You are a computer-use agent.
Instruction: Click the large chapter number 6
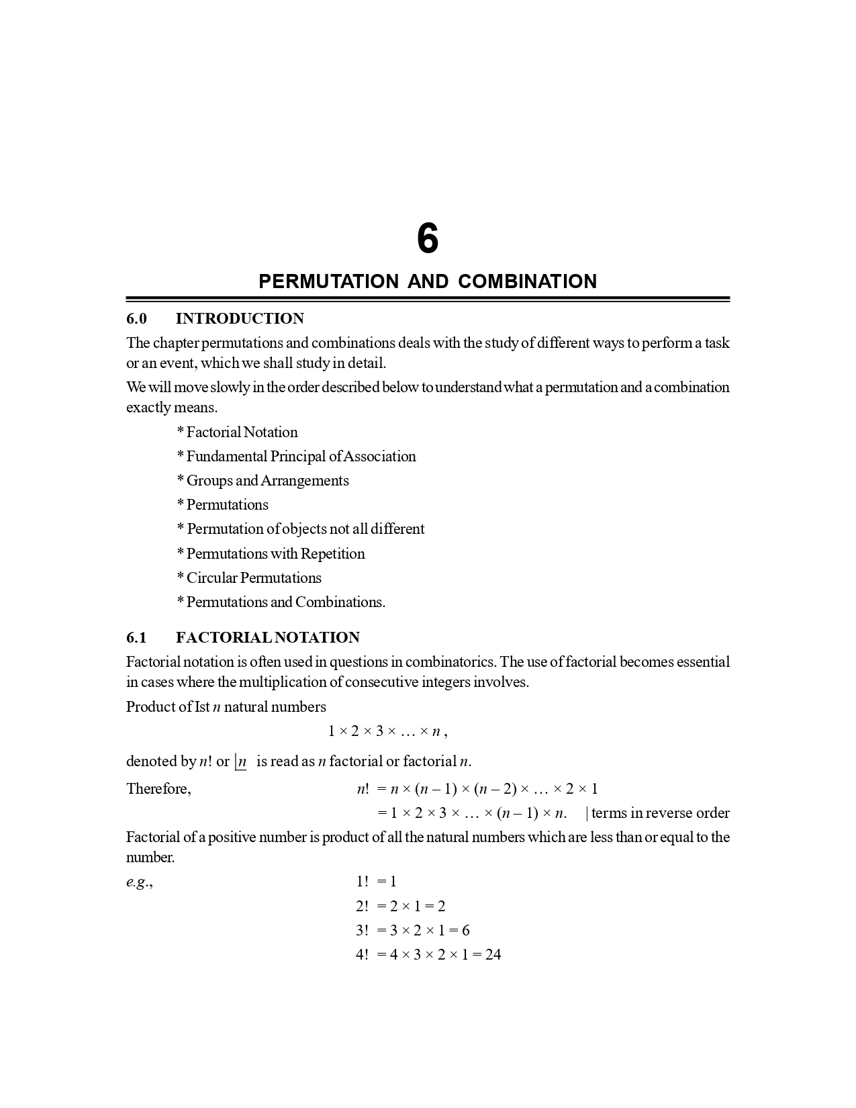(x=428, y=239)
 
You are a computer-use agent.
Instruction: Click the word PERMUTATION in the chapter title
(x=328, y=281)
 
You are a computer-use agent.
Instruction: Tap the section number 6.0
(x=136, y=318)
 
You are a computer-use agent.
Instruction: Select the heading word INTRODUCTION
(x=240, y=318)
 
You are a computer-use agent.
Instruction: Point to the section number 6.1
(x=136, y=637)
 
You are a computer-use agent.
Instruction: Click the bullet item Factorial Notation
(x=238, y=432)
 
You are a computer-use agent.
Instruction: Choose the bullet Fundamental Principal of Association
(x=297, y=457)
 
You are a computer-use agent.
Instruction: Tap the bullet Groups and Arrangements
(x=263, y=481)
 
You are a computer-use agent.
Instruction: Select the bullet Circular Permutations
(x=249, y=578)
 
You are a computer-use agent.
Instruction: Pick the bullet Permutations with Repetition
(x=271, y=554)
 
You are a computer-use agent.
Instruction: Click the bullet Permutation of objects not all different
(x=301, y=529)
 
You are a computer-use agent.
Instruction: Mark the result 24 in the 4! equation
(x=493, y=955)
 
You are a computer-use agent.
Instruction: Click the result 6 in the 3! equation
(x=465, y=931)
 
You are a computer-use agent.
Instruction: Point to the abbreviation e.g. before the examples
(x=139, y=882)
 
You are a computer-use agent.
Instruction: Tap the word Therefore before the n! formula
(x=158, y=789)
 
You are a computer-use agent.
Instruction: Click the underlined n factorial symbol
(x=241, y=762)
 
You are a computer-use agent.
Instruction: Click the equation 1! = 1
(x=376, y=882)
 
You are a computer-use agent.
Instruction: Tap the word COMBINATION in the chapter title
(x=527, y=281)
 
